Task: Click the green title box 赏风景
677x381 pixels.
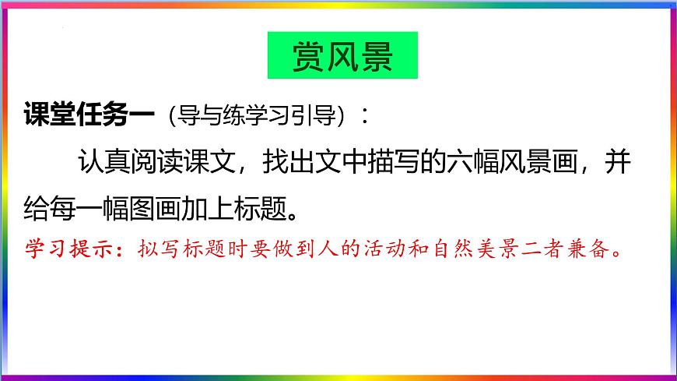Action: [342, 55]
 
